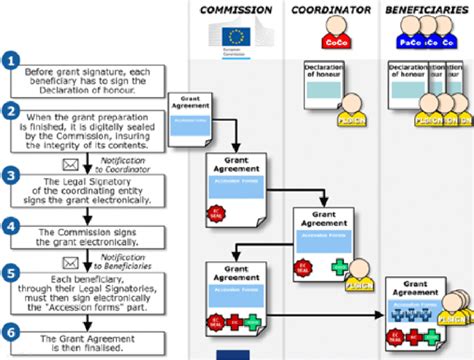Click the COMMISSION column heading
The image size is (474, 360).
coord(235,10)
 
